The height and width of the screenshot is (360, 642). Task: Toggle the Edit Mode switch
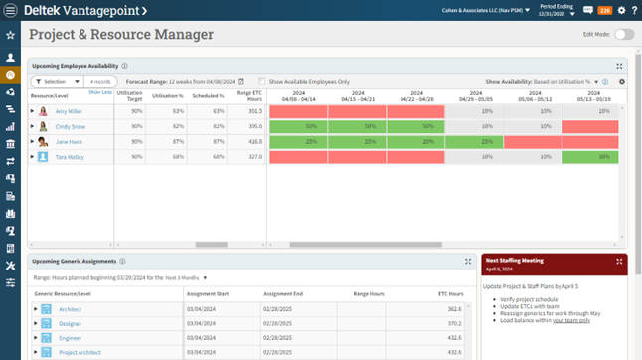click(623, 34)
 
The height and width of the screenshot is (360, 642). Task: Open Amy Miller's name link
click(70, 112)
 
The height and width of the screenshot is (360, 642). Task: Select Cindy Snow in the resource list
click(70, 127)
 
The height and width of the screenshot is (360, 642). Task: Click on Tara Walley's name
click(70, 157)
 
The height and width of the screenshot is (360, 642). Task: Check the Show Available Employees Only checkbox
click(261, 81)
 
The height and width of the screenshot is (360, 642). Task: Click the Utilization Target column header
click(129, 95)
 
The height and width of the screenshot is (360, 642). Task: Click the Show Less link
click(99, 92)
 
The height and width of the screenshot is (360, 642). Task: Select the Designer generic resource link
click(70, 324)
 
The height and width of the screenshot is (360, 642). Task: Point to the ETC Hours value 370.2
click(454, 324)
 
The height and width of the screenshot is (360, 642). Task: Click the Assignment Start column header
click(208, 294)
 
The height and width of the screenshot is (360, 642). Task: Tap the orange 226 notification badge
click(603, 10)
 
